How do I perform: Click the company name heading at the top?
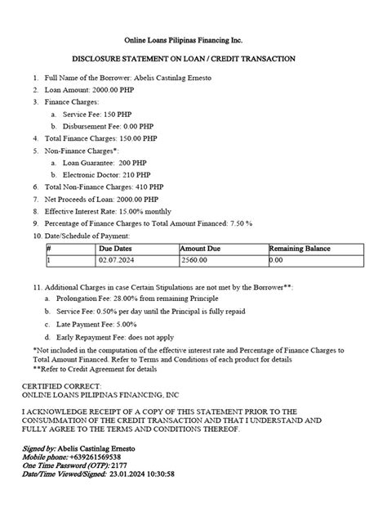[x=193, y=40]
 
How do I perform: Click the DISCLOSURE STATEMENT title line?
[x=193, y=59]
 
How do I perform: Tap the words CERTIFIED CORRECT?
[x=62, y=386]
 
